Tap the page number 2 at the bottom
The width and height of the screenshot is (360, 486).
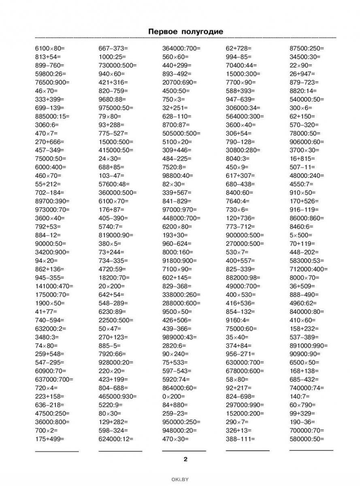(x=185, y=459)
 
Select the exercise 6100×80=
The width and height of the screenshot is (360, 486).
(x=50, y=48)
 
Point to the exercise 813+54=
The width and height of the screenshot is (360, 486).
(x=47, y=57)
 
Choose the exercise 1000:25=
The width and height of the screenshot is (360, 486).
(x=112, y=57)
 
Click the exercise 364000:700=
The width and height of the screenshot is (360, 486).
(x=181, y=48)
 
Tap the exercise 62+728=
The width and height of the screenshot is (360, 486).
(x=239, y=48)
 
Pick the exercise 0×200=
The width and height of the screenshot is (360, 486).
(x=173, y=396)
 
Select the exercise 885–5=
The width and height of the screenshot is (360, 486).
(x=110, y=345)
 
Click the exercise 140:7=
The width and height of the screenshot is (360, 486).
(x=299, y=396)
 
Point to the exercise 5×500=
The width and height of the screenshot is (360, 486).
(x=301, y=235)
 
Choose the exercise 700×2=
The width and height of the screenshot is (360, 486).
(x=47, y=430)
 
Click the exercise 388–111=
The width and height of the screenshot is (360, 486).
(x=240, y=439)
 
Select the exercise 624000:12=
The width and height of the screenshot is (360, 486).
(x=116, y=439)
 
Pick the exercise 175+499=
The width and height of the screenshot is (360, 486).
(x=50, y=439)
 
